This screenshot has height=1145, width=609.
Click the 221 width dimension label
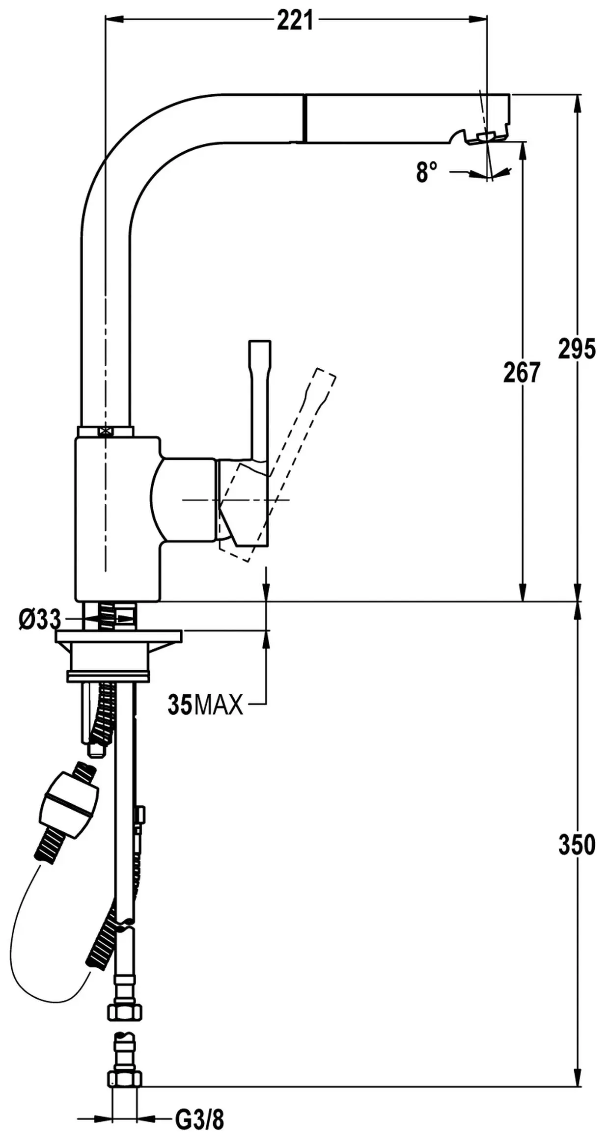[x=295, y=21]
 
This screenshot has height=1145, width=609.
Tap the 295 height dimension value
[x=577, y=349]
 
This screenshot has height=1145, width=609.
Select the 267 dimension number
[x=522, y=373]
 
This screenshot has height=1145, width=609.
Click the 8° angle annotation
[x=426, y=172]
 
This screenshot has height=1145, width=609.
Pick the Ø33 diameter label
[x=40, y=620]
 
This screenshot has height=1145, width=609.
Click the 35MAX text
[x=205, y=706]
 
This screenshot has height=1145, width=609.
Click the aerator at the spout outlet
[x=486, y=137]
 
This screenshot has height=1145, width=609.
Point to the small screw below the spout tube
[x=106, y=431]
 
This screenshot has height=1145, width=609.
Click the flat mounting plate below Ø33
[x=118, y=637]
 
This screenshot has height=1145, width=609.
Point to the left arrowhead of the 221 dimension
[x=114, y=19]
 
